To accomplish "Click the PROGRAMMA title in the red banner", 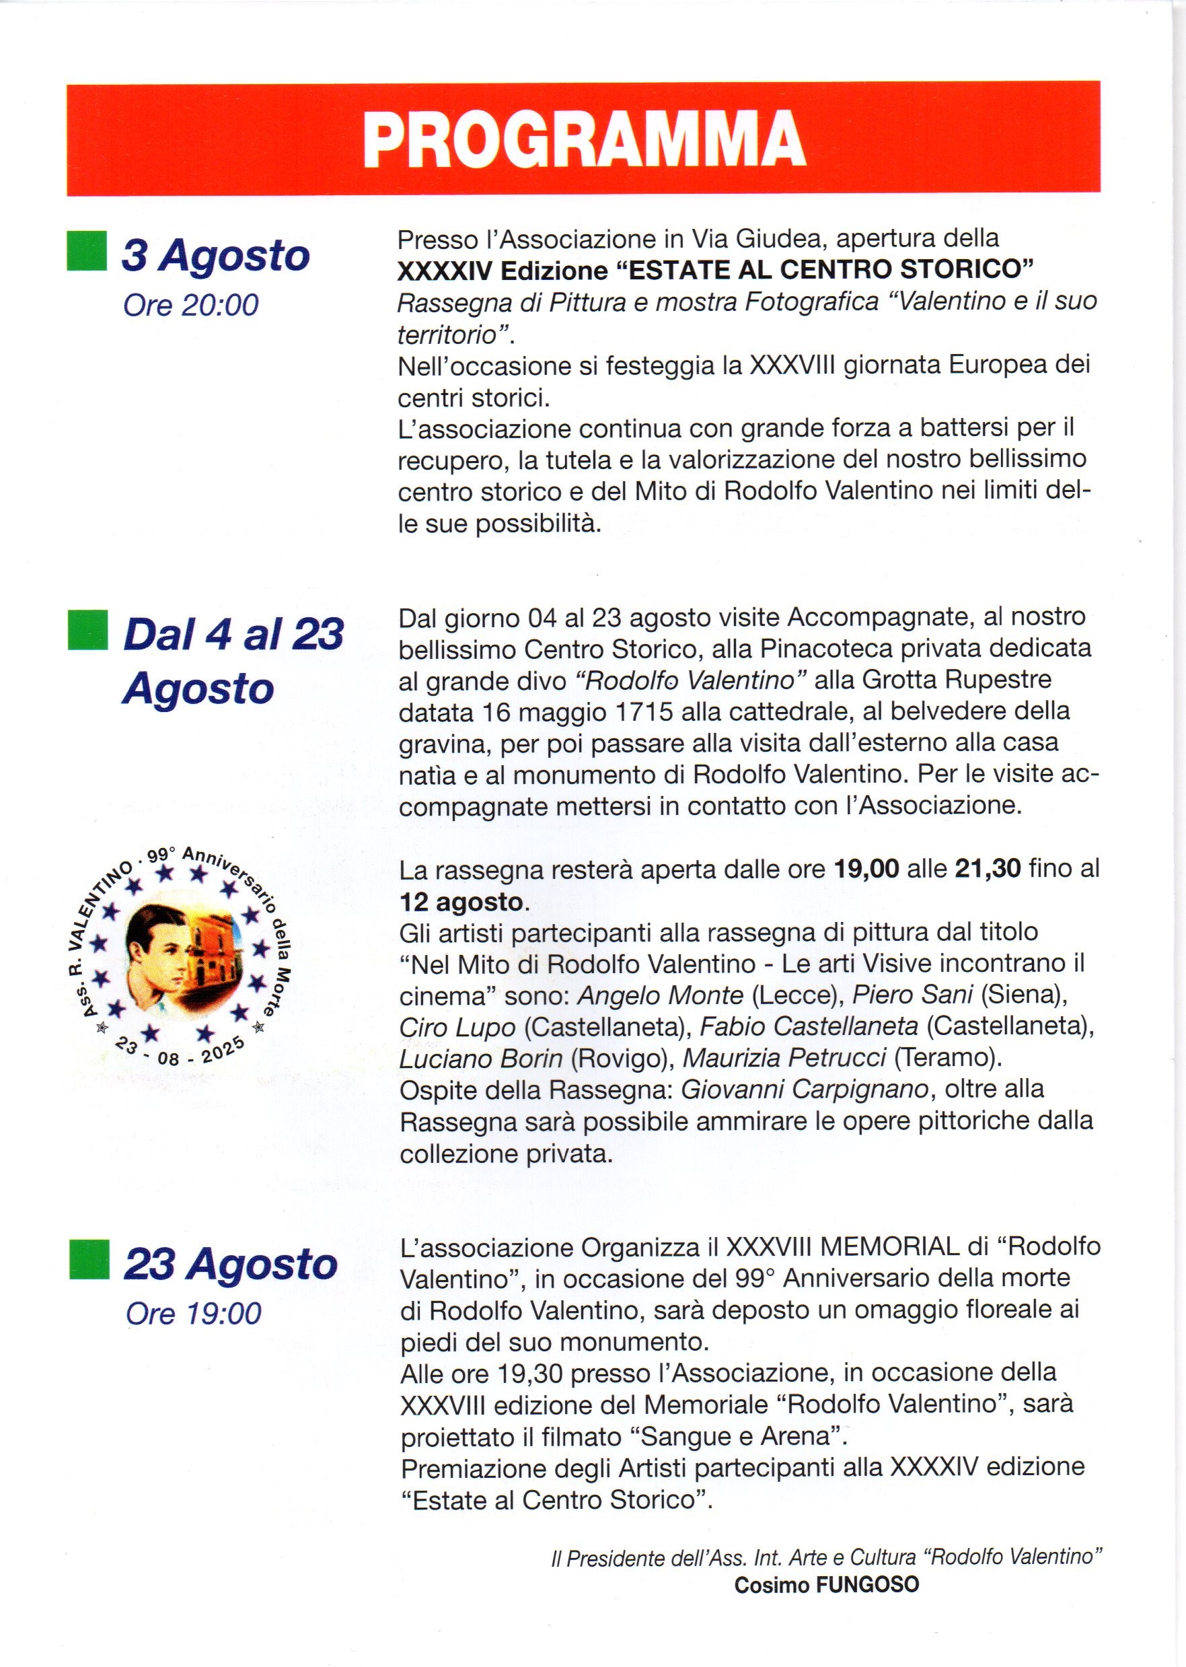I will [x=583, y=139].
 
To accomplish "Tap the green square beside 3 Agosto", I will [x=86, y=251].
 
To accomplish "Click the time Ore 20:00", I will [x=190, y=306].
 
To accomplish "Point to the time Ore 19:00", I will [x=193, y=1313].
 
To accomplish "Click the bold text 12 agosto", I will [x=461, y=901].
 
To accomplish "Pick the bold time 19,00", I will [x=866, y=870].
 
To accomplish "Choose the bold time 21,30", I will [x=988, y=870].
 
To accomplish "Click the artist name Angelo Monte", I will [x=660, y=995].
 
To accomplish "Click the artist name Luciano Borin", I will [x=480, y=1058].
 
